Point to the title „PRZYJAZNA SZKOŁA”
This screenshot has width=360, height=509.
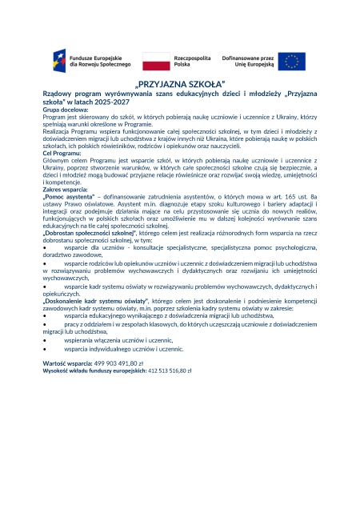point(180,83)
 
